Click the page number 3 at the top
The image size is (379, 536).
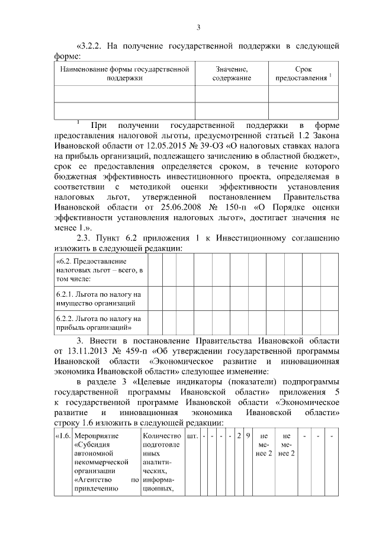coord(198,27)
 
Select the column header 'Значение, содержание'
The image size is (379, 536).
coord(232,73)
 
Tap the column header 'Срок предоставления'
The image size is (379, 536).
coord(303,73)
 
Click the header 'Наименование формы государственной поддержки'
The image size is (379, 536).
coord(124,73)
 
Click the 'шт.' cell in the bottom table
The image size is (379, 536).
coord(192,436)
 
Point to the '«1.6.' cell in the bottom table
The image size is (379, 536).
coord(62,436)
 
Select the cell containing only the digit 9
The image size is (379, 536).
coord(248,436)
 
